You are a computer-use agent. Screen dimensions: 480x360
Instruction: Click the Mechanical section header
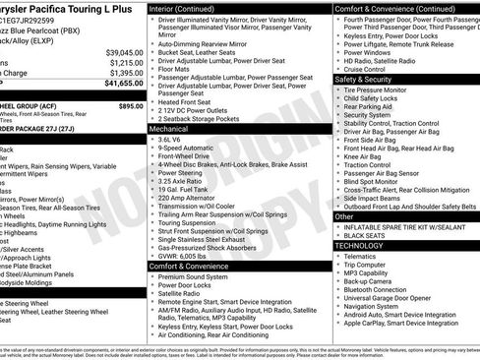click(x=169, y=128)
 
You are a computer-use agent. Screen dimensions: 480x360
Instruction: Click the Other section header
click(x=344, y=216)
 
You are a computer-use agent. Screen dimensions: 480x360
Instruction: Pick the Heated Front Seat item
click(x=192, y=101)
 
